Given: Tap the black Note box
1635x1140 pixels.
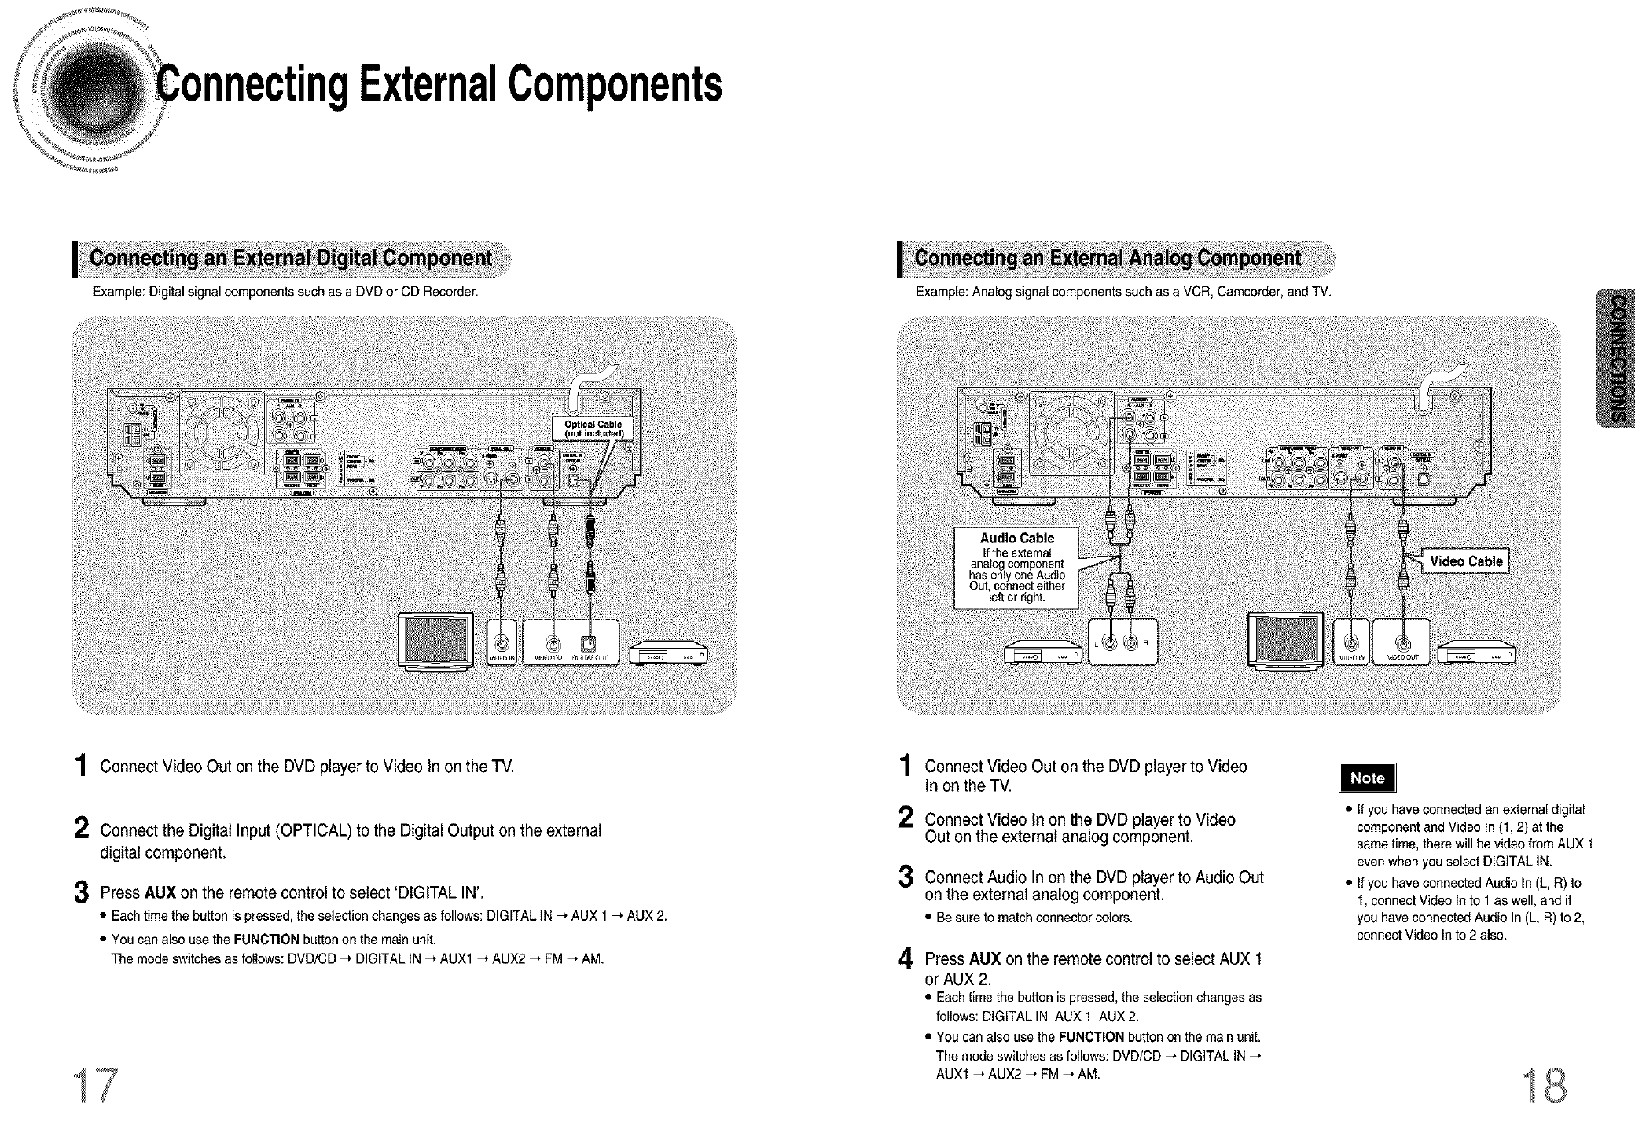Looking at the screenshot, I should pos(1367,778).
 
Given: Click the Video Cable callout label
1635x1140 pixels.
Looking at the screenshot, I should pos(1466,561).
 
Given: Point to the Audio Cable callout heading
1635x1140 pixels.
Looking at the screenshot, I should pos(1016,539).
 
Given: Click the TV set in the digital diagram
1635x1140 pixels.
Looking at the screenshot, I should pos(437,641).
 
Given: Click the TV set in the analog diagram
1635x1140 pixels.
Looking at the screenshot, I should pos(1286,641).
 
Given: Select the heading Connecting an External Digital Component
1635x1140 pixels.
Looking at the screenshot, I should pos(291,259).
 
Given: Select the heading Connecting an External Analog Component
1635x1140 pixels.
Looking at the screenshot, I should pos(1108,259).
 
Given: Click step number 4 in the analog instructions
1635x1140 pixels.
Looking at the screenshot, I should pos(906,960).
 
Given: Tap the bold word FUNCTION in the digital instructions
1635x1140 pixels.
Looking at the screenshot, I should pos(266,940).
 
